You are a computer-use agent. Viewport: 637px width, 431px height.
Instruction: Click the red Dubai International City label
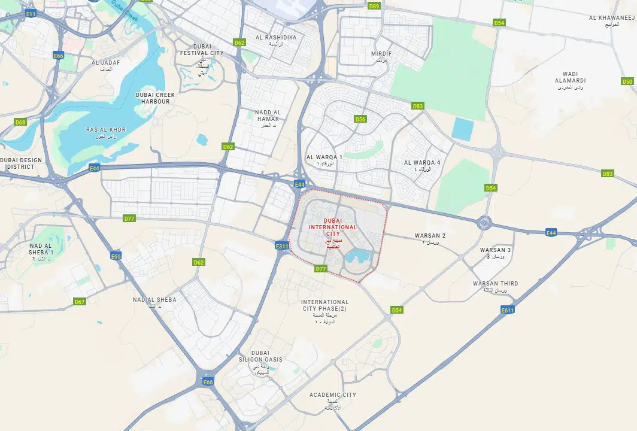pyautogui.click(x=332, y=227)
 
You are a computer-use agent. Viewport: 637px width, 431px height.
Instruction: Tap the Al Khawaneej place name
pyautogui.click(x=611, y=18)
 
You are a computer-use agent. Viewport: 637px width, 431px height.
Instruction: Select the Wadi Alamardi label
pyautogui.click(x=570, y=77)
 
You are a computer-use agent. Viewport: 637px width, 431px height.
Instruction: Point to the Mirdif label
pyautogui.click(x=381, y=54)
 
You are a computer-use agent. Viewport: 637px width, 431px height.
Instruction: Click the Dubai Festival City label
pyautogui.click(x=202, y=50)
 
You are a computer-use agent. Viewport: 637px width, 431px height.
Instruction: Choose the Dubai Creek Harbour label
pyautogui.click(x=153, y=98)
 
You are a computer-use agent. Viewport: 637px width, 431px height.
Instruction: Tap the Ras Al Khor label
pyautogui.click(x=106, y=130)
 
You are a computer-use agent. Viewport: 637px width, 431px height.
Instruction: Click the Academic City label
pyautogui.click(x=333, y=395)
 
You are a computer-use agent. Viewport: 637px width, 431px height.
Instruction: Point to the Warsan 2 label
pyautogui.click(x=430, y=236)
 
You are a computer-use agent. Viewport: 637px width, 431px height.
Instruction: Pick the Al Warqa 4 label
pyautogui.click(x=422, y=163)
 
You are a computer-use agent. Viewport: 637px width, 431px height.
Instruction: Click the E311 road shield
pyautogui.click(x=282, y=246)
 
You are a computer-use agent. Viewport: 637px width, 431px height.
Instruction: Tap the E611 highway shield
pyautogui.click(x=508, y=309)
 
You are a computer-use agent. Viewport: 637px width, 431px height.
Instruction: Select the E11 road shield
pyautogui.click(x=31, y=14)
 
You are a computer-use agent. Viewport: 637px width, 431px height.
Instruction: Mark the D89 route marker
pyautogui.click(x=374, y=6)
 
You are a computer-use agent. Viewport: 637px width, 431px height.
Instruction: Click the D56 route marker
pyautogui.click(x=360, y=119)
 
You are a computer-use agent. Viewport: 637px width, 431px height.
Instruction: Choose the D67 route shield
pyautogui.click(x=80, y=302)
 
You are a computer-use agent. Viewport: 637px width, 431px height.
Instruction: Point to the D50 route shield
pyautogui.click(x=627, y=81)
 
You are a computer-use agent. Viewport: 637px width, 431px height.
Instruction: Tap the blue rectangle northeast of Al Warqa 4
pyautogui.click(x=462, y=129)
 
